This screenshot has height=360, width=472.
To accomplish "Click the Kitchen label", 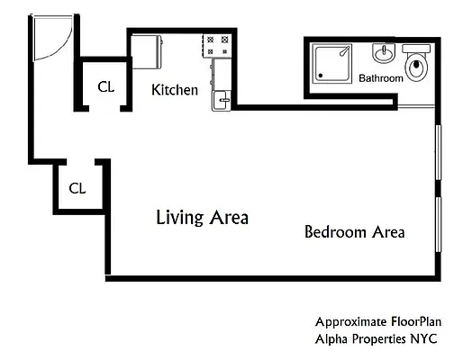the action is [175, 90].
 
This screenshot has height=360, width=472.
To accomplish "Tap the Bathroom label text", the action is [381, 78].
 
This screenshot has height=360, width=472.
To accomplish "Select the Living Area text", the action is [202, 218].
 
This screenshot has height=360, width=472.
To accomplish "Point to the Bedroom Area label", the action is [355, 232].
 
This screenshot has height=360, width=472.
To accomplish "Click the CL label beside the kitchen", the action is [106, 87].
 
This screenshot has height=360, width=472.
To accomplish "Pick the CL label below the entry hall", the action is [77, 189].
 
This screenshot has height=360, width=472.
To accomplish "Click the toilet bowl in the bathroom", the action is [417, 67].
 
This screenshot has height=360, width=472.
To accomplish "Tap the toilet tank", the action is [417, 49].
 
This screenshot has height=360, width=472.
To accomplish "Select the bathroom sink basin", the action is [384, 53].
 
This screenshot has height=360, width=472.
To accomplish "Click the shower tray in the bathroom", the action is [332, 64].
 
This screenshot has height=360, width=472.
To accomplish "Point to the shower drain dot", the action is [321, 76].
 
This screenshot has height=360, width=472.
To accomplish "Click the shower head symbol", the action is [345, 51].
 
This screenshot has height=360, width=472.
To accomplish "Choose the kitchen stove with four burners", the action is [217, 46].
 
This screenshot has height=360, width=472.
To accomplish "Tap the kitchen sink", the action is [222, 101].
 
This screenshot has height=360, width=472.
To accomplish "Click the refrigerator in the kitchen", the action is [147, 52].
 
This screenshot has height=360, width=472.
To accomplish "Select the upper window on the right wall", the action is [439, 152].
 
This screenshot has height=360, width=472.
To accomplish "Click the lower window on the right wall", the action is [439, 224].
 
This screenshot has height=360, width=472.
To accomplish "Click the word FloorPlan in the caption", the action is [416, 322].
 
